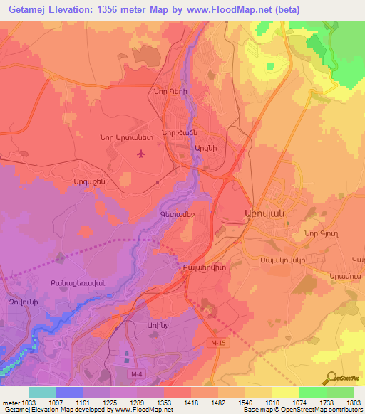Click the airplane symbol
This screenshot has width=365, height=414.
(140, 154)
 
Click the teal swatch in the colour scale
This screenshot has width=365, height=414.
(42, 392)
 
